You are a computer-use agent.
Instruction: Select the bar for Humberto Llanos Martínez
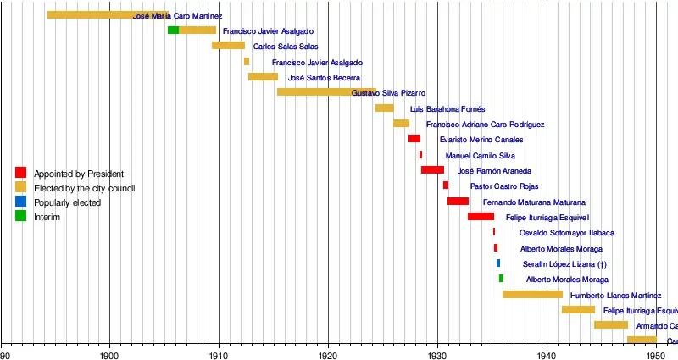(x=532, y=294)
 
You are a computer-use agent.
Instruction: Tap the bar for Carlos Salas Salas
(x=228, y=46)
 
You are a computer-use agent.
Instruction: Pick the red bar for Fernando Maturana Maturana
(x=458, y=201)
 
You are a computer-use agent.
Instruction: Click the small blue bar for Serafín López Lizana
(x=498, y=263)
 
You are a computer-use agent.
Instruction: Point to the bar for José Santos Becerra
(x=263, y=77)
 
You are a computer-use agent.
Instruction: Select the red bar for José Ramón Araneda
(x=432, y=170)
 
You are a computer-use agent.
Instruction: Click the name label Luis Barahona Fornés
(x=447, y=109)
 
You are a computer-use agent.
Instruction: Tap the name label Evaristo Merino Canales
(x=481, y=140)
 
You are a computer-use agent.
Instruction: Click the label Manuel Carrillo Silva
(x=481, y=156)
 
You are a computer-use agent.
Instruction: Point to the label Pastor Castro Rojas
(x=504, y=186)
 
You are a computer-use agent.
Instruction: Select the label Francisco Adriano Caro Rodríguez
(x=486, y=125)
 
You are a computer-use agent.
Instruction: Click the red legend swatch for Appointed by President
(x=20, y=173)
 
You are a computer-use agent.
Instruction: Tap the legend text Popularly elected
(x=67, y=203)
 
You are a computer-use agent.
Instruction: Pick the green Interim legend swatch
(x=20, y=217)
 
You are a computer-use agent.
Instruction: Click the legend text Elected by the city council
(x=84, y=188)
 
